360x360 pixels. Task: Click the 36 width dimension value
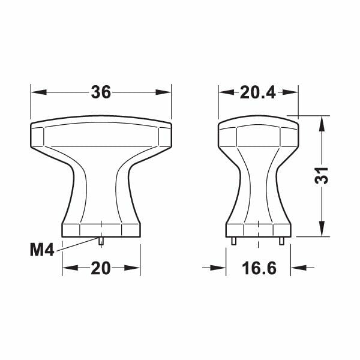click(x=101, y=92)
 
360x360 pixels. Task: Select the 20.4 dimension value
click(x=258, y=92)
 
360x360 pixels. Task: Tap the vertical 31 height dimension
click(x=323, y=175)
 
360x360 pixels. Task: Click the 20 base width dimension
click(x=101, y=268)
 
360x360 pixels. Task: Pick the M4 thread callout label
click(x=43, y=250)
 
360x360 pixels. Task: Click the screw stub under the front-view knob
click(x=101, y=241)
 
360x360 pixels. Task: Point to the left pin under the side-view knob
click(x=233, y=241)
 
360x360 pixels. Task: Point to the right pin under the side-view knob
click(x=283, y=241)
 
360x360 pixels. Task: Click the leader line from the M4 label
click(x=78, y=244)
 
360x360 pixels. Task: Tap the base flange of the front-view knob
click(x=101, y=229)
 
